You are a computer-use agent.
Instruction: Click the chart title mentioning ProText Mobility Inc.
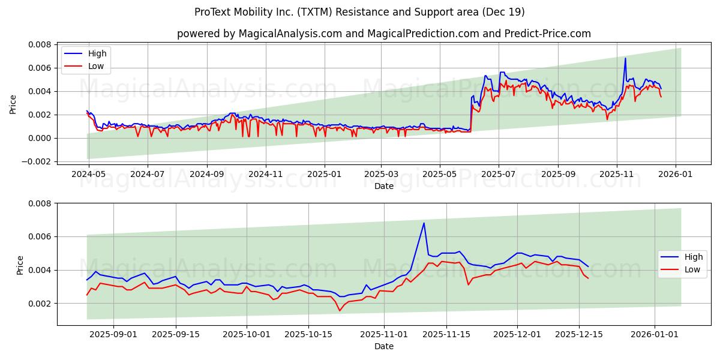359,12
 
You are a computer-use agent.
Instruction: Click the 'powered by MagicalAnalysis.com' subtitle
383,34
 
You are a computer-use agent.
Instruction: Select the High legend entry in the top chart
97,53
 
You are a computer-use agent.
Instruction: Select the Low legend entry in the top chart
96,66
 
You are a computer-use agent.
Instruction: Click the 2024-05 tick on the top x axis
89,174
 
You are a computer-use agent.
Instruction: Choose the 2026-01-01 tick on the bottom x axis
653,334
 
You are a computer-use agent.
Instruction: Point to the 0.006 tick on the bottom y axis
40,236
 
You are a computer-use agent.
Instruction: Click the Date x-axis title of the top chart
383,186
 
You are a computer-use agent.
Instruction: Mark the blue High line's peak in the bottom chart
424,223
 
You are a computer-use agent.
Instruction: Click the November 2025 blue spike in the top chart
625,58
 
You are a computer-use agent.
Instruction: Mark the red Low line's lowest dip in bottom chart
340,310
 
